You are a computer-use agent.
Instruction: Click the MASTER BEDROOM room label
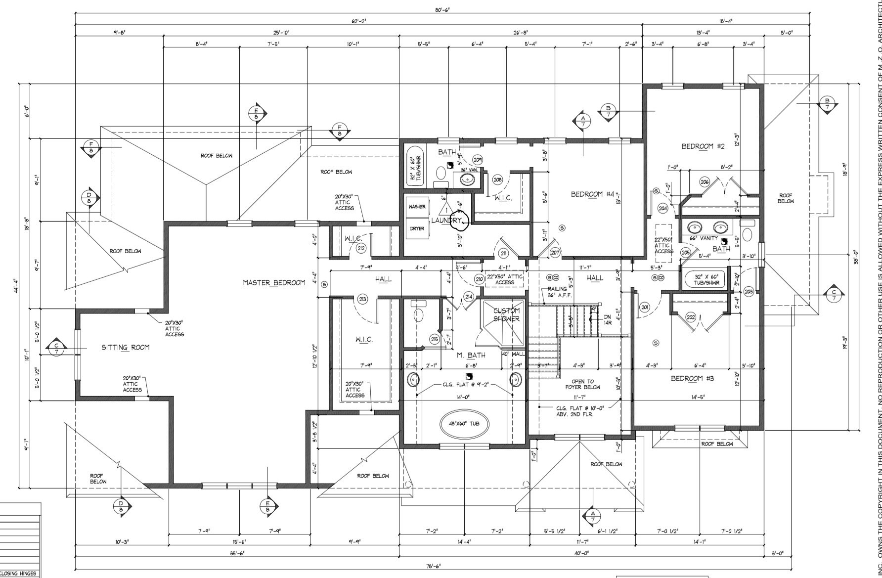(273, 282)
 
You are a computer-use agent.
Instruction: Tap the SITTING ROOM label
(125, 347)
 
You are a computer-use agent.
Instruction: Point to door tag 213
(362, 299)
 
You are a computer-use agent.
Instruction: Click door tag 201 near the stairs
(644, 307)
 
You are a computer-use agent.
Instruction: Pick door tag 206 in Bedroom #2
(705, 182)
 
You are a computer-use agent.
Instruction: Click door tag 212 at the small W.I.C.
(361, 248)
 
